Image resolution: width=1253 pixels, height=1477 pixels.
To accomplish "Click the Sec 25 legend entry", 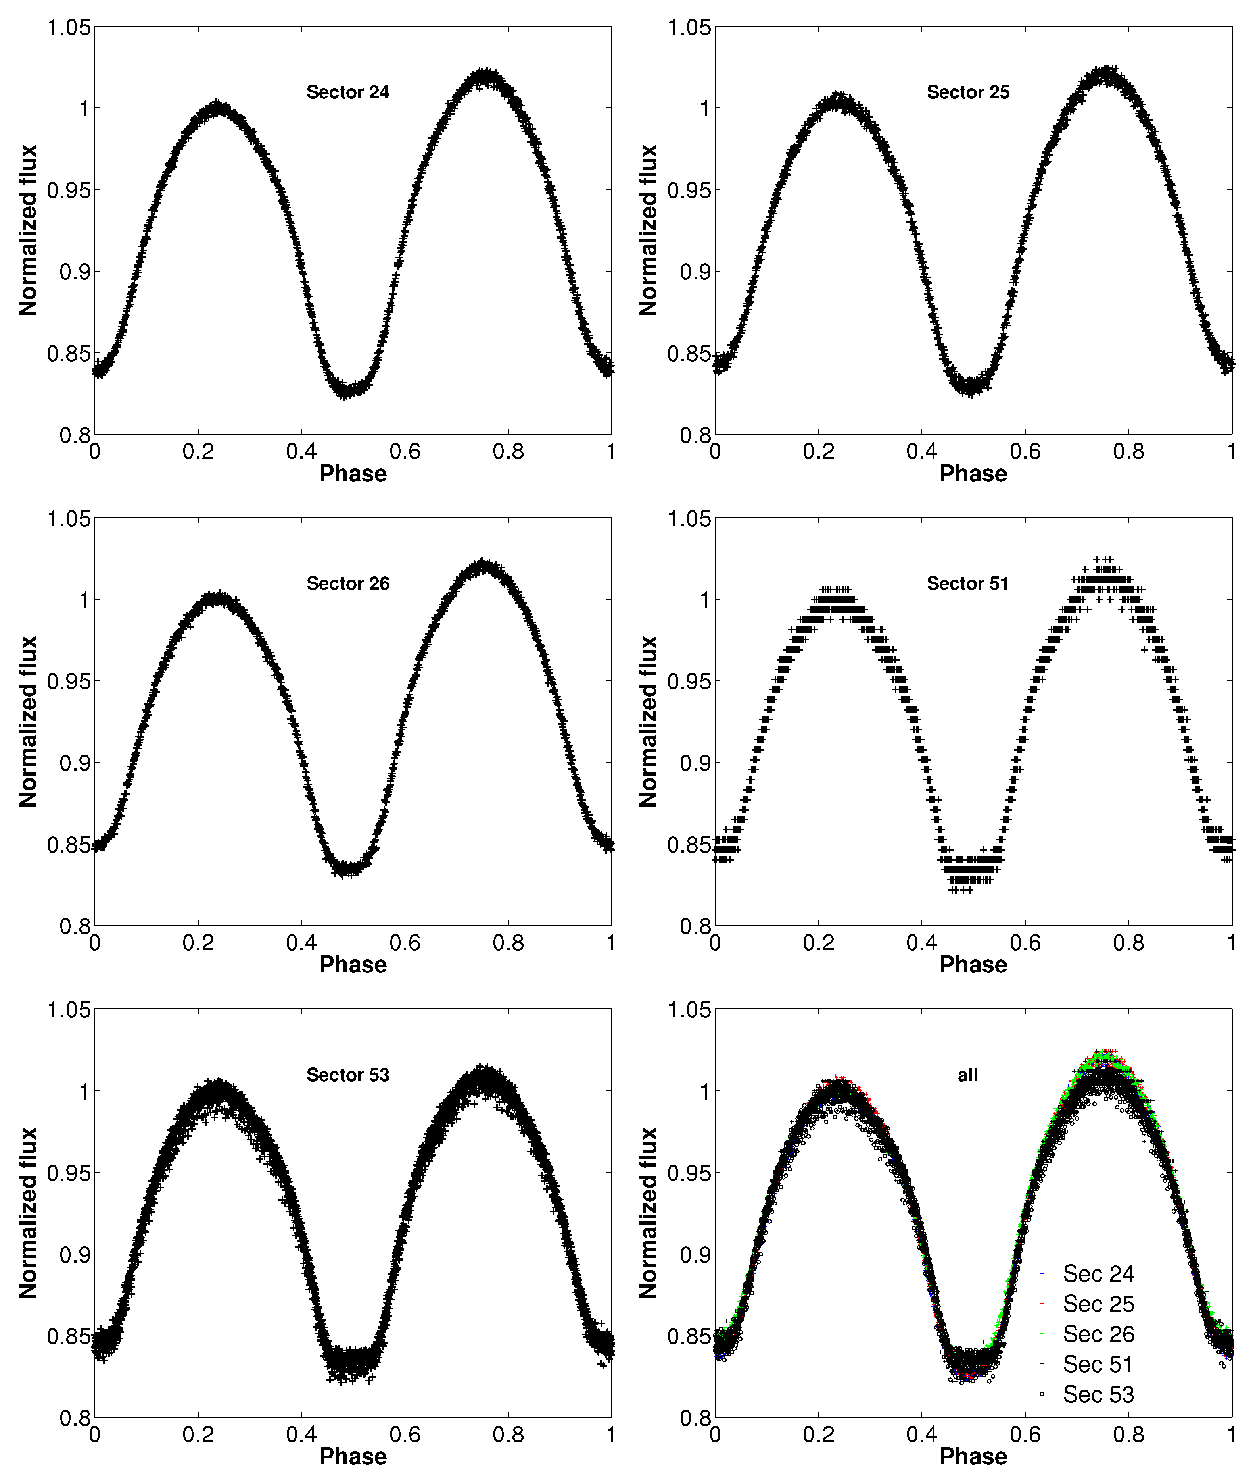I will (1098, 1304).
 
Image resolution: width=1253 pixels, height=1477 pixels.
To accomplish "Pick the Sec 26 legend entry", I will (1098, 1334).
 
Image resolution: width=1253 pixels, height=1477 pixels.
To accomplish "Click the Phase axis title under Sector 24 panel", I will (353, 474).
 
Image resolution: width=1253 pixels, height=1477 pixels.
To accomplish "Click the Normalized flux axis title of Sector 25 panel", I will (648, 230).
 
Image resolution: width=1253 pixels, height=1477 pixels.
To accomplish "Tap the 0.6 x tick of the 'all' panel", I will (1025, 1435).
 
